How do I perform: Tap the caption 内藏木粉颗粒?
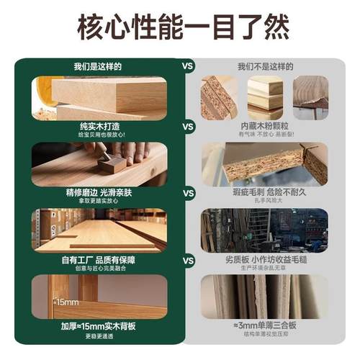[x=264, y=125]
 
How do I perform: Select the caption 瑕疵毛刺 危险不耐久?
[x=264, y=192]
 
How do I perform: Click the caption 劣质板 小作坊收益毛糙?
[x=264, y=258]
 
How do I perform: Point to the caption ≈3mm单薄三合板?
[x=264, y=325]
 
